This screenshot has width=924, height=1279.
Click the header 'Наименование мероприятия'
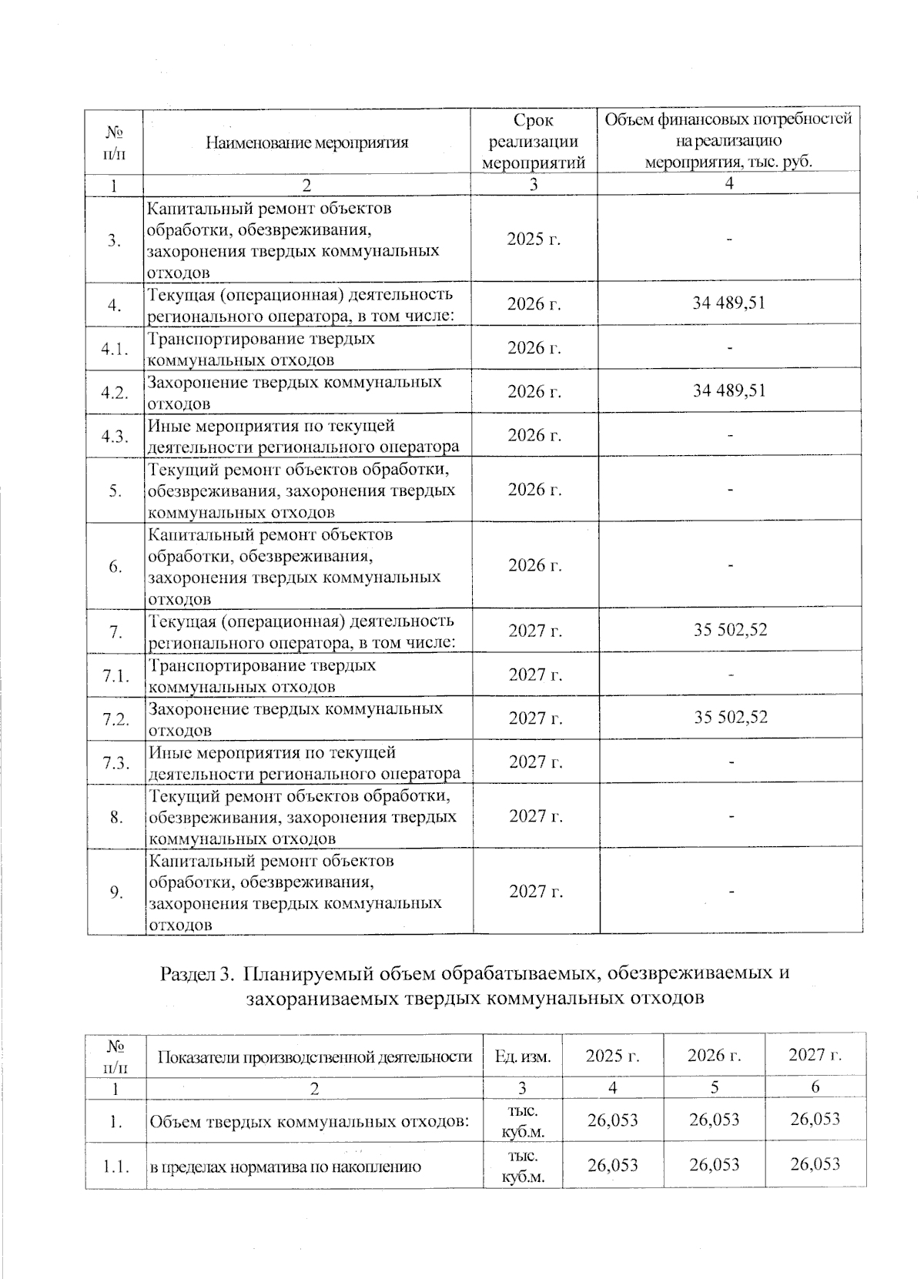click(x=306, y=142)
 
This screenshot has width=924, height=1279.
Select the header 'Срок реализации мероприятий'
click(x=534, y=142)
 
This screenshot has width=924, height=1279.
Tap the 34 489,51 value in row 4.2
click(x=728, y=390)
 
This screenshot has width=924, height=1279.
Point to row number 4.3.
click(x=114, y=436)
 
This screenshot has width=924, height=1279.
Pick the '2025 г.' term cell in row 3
click(x=534, y=239)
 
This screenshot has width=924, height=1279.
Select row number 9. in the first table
click(x=115, y=892)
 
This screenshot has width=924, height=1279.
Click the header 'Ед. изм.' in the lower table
click(x=523, y=1056)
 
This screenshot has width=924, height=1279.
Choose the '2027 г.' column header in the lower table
click(x=815, y=1055)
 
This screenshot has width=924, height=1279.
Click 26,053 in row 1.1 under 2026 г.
click(x=714, y=1164)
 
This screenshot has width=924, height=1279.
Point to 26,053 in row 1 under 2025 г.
click(x=612, y=1120)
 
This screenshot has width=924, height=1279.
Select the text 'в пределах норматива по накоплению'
click(x=285, y=1167)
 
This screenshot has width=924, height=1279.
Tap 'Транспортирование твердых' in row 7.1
click(x=262, y=665)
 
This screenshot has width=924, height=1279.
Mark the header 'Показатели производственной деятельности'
click(x=314, y=1056)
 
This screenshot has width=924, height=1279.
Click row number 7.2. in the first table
click(x=115, y=719)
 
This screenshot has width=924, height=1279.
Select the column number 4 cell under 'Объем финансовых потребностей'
click(x=729, y=183)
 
